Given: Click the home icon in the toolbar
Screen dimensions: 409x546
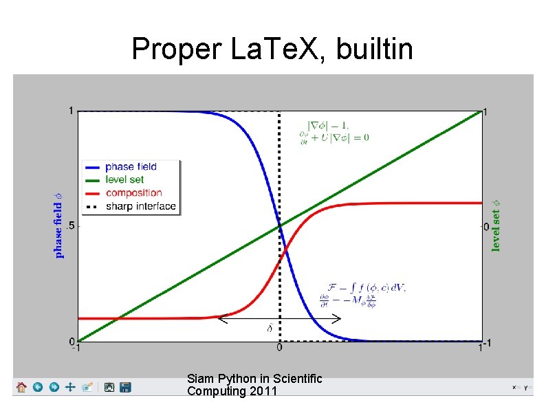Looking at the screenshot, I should click(x=22, y=388).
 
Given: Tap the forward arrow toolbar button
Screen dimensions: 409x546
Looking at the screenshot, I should click(x=54, y=388).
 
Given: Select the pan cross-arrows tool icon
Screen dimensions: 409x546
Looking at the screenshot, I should click(x=69, y=388).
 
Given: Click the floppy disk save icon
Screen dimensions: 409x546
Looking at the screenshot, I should click(x=125, y=388).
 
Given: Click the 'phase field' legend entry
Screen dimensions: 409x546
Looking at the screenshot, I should click(x=131, y=166).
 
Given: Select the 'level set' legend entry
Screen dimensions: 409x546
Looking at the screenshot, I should click(x=124, y=179).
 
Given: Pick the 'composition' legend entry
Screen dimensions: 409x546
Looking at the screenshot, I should click(x=133, y=192).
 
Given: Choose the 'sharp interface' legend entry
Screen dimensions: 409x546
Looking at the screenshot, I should click(x=140, y=206).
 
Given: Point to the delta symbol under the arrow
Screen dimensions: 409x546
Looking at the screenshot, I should click(x=270, y=328).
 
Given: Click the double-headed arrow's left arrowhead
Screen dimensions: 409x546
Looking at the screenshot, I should click(x=222, y=318).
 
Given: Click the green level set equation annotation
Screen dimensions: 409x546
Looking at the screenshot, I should click(x=334, y=131).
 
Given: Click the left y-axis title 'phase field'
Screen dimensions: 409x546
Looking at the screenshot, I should click(x=59, y=224).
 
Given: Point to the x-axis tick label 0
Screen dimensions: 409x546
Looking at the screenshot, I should click(x=279, y=348).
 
